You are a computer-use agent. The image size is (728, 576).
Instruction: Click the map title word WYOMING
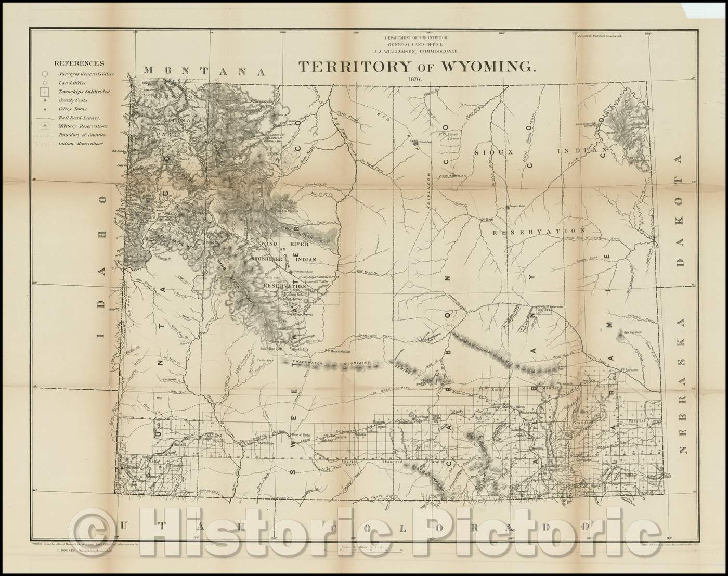coord(477,66)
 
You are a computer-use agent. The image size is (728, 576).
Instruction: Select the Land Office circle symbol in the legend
coord(46,83)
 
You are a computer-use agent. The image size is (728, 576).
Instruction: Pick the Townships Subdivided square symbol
coord(46,92)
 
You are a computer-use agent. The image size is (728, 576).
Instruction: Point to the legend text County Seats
coord(73,100)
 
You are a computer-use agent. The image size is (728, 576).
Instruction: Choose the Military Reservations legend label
coord(83,126)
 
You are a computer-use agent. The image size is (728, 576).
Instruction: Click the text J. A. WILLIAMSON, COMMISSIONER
coord(414,51)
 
